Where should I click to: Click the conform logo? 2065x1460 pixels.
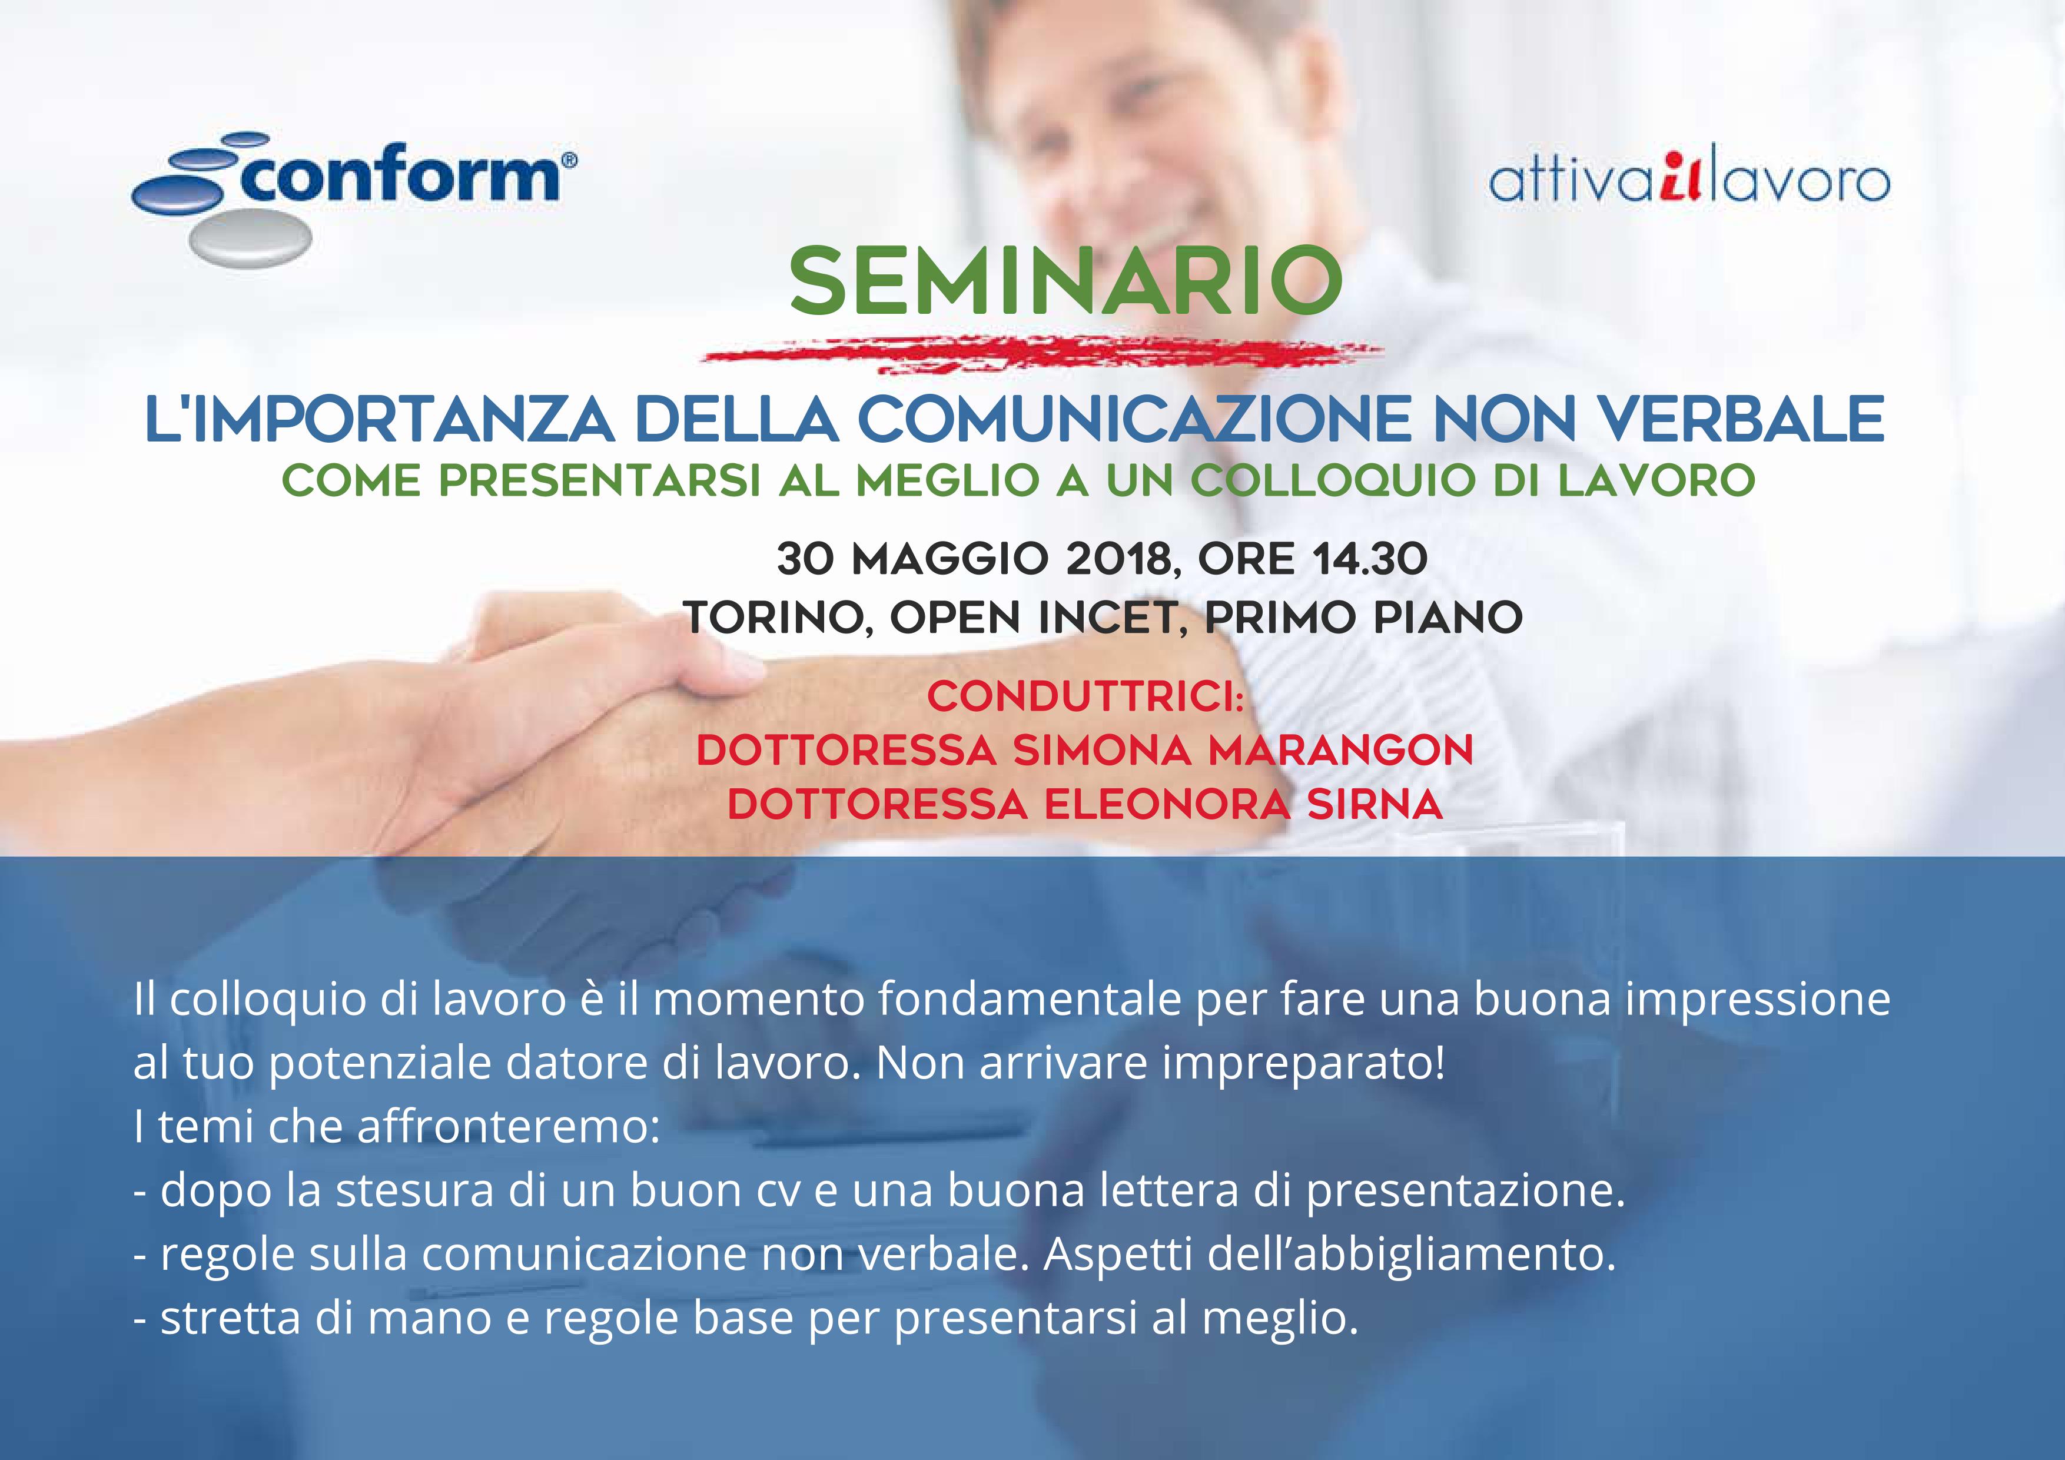tap(353, 198)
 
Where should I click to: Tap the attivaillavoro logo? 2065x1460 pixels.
tap(1689, 180)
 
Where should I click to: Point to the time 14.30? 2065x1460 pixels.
tap(1370, 559)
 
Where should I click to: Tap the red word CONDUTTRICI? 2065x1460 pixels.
tap(1085, 696)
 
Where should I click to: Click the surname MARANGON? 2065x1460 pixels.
tap(1341, 750)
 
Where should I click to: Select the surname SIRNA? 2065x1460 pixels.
tap(1375, 804)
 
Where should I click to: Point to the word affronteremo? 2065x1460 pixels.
tap(509, 1126)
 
